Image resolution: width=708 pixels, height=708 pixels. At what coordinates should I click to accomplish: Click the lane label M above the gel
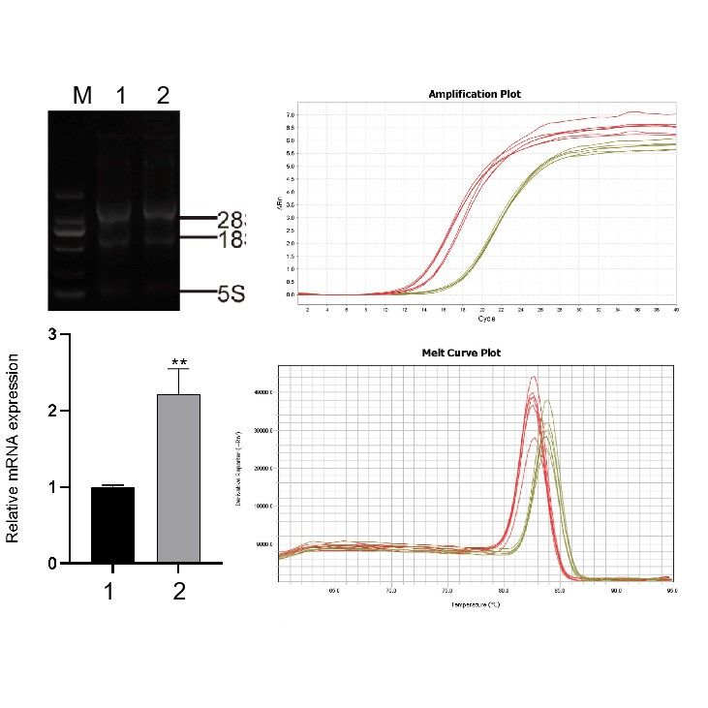(x=81, y=95)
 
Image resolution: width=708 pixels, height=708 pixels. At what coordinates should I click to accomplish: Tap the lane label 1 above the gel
(x=121, y=95)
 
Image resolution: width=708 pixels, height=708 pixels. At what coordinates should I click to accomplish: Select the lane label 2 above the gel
(x=162, y=95)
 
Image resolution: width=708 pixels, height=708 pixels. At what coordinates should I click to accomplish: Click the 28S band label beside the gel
(x=232, y=219)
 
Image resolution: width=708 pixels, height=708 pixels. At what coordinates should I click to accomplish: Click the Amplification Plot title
(x=481, y=94)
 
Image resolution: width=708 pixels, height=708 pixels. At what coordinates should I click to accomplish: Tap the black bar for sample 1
(x=112, y=524)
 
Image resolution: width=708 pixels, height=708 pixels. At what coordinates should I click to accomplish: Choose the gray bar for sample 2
(x=178, y=478)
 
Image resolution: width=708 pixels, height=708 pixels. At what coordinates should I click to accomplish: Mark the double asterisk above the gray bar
(x=178, y=364)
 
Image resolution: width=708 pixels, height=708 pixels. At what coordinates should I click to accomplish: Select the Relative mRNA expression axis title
(x=14, y=448)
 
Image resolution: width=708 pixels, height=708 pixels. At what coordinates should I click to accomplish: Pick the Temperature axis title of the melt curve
(x=474, y=603)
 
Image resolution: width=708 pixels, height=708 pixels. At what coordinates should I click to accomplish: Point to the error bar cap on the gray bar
(x=178, y=369)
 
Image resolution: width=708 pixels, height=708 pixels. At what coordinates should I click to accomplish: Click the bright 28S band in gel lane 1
(x=119, y=216)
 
